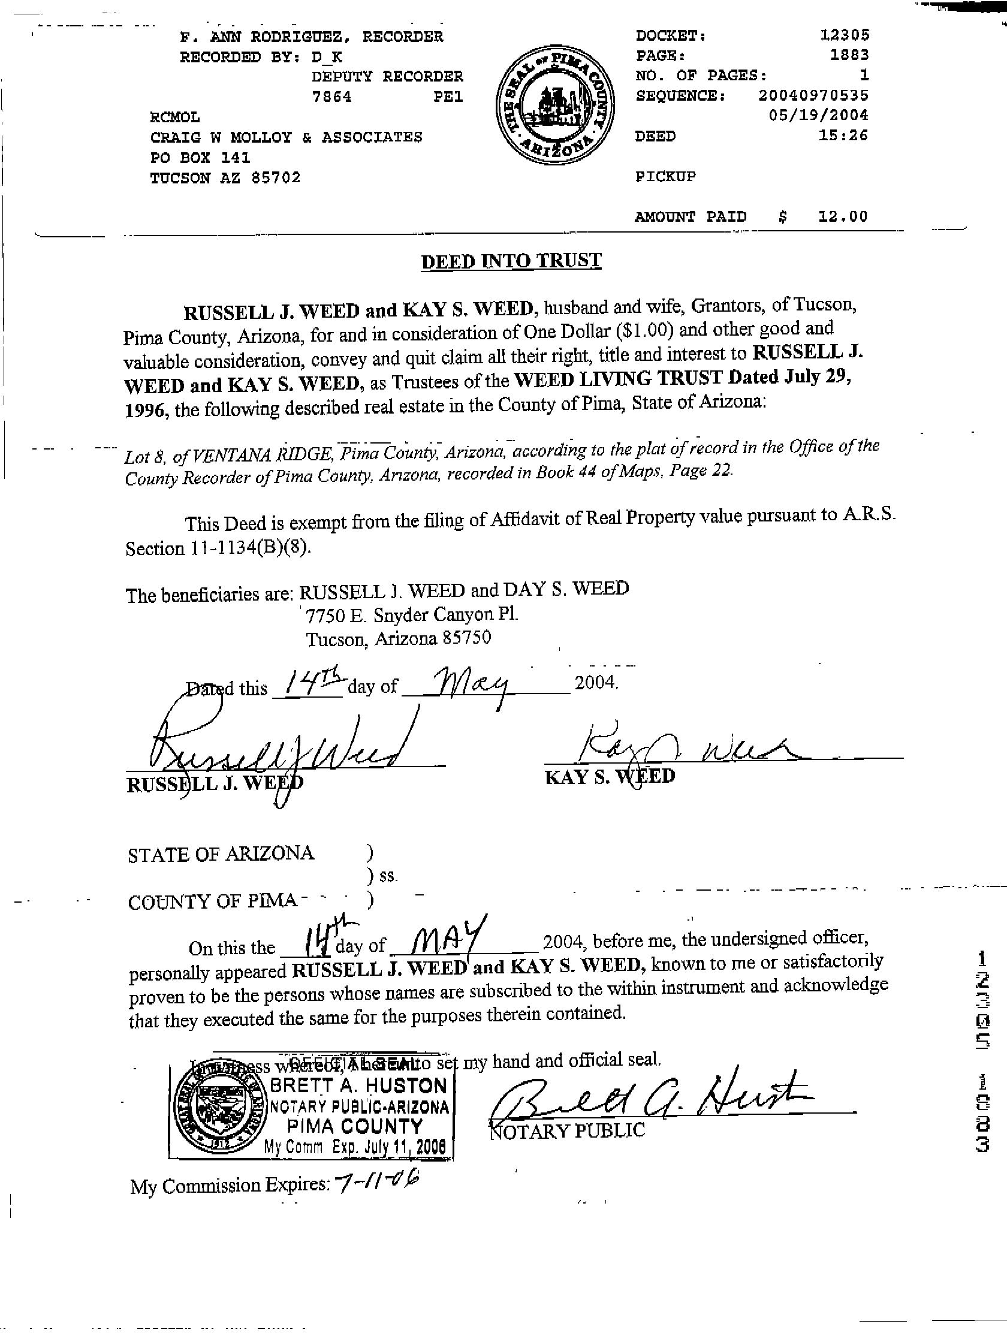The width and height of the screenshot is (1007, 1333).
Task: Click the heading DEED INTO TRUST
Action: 511,261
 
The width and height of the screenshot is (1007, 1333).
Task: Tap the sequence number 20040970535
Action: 813,95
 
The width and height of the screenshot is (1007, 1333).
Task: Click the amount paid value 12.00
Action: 843,216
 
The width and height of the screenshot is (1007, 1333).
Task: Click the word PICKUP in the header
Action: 665,177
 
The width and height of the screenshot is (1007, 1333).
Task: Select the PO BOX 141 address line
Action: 200,158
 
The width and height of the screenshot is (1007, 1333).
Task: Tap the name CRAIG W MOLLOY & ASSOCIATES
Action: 287,137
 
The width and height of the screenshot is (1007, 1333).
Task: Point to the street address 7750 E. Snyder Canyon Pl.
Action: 412,616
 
